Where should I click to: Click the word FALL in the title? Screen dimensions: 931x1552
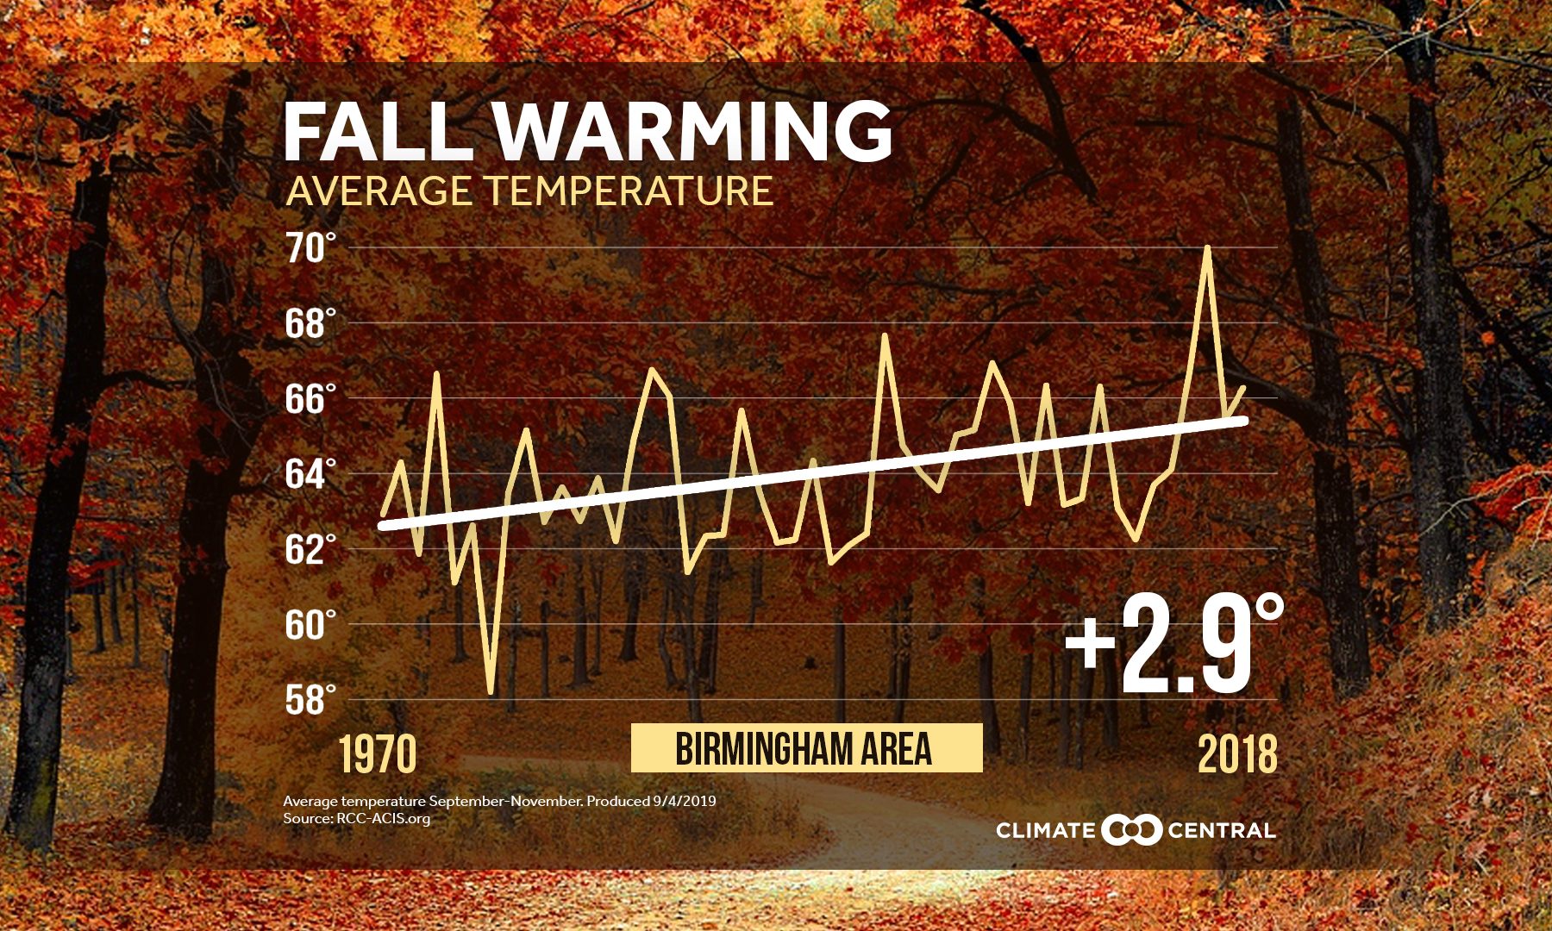click(377, 131)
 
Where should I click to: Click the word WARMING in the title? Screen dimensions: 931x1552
click(693, 131)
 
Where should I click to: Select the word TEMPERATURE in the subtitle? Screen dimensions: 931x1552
click(629, 191)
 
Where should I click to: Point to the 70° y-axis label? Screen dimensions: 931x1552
click(308, 248)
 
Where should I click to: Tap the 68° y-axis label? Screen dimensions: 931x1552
click(308, 324)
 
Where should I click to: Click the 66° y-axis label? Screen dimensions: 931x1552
click(308, 399)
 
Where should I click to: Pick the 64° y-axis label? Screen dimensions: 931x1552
click(308, 474)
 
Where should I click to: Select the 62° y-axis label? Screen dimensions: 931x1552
click(308, 549)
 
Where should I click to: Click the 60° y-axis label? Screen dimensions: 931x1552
click(308, 624)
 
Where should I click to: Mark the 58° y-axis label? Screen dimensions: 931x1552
click(308, 699)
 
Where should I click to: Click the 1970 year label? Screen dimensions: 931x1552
click(377, 755)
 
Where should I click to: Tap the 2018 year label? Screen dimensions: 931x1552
click(1237, 755)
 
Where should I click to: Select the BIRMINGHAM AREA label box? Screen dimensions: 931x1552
click(805, 747)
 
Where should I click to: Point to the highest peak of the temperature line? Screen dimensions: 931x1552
click(1207, 248)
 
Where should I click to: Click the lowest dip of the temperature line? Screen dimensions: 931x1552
click(491, 691)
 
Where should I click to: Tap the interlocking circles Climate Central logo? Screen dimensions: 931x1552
click(1131, 830)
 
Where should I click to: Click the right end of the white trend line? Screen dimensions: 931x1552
click(1243, 420)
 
